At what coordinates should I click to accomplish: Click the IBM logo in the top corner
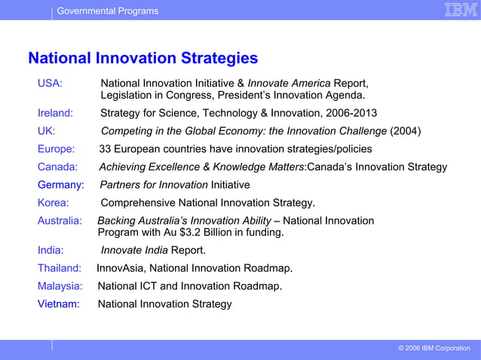pos(458,10)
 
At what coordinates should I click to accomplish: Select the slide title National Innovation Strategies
pos(142,59)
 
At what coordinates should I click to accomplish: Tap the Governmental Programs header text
pos(108,11)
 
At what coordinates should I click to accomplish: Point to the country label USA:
pos(50,83)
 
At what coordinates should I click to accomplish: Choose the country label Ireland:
pos(55,114)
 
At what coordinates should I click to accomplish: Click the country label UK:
pos(46,131)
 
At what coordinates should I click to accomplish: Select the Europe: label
pos(56,149)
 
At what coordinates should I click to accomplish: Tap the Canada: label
pos(57,167)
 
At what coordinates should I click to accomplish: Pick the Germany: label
pos(60,185)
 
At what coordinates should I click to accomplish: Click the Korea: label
pos(53,203)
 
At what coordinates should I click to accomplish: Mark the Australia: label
pos(60,221)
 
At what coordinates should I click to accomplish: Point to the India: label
pos(51,250)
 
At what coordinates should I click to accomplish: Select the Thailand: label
pos(60,268)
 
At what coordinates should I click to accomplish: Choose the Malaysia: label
pos(60,286)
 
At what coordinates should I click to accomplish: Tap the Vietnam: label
pos(59,304)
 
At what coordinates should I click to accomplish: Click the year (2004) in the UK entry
pos(405,131)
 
